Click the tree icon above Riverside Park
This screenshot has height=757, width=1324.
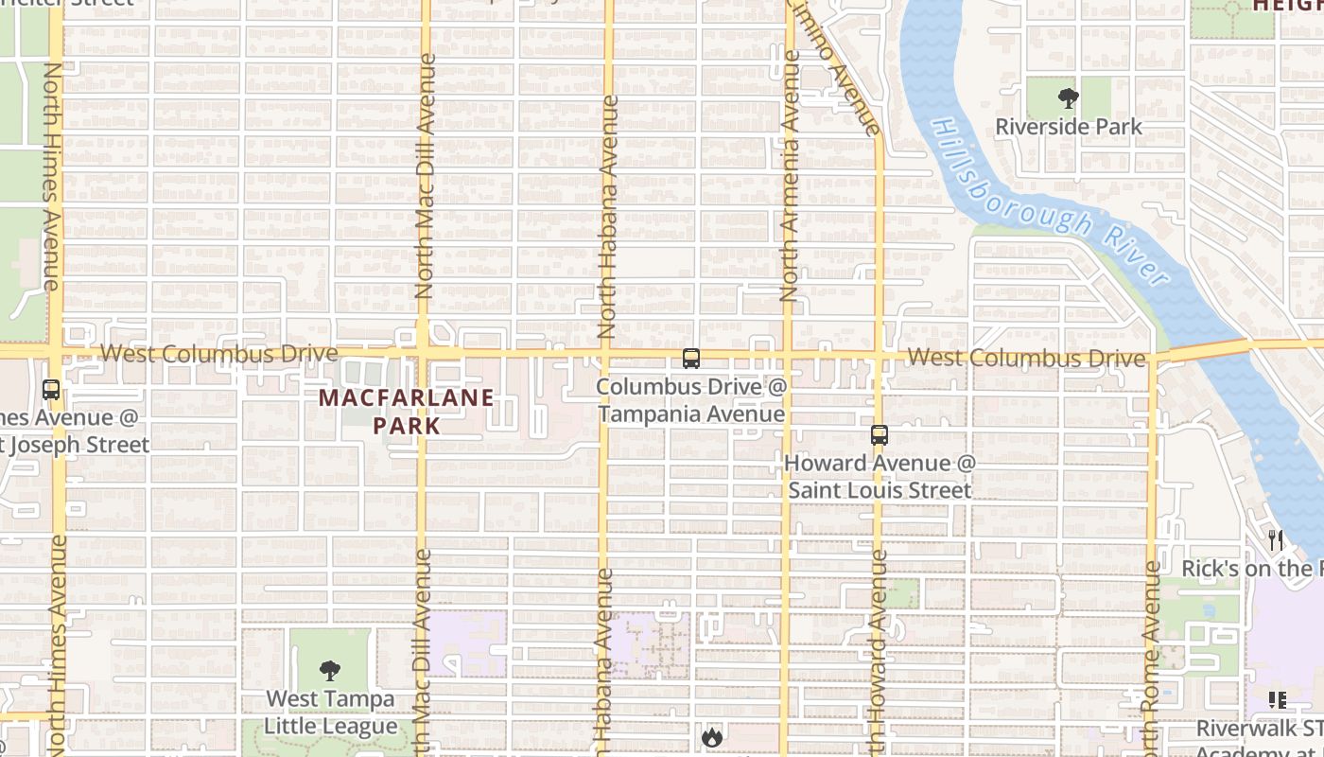coord(1069,98)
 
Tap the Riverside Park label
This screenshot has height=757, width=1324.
coord(1069,127)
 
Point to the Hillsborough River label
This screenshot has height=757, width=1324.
coord(1050,202)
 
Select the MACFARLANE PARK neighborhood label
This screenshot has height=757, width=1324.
coord(407,412)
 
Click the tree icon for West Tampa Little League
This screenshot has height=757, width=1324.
coord(329,671)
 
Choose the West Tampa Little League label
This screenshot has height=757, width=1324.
coord(330,713)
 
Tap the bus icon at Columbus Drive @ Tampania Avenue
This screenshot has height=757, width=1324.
coord(691,359)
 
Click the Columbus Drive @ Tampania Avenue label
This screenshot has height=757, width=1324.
coord(691,400)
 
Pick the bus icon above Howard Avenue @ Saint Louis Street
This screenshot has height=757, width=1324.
coord(880,435)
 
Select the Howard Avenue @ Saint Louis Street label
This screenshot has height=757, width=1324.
coord(880,477)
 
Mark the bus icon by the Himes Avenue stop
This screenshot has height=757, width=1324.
coord(51,390)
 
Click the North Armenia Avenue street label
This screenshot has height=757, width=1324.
coord(789,176)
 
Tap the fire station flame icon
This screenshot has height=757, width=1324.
coord(711,735)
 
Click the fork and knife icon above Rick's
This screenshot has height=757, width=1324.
coord(1276,540)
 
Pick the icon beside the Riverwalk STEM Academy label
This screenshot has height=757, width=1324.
coord(1278,700)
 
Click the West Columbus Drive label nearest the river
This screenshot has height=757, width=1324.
coord(1026,358)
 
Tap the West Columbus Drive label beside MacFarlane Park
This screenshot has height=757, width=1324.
coord(218,354)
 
